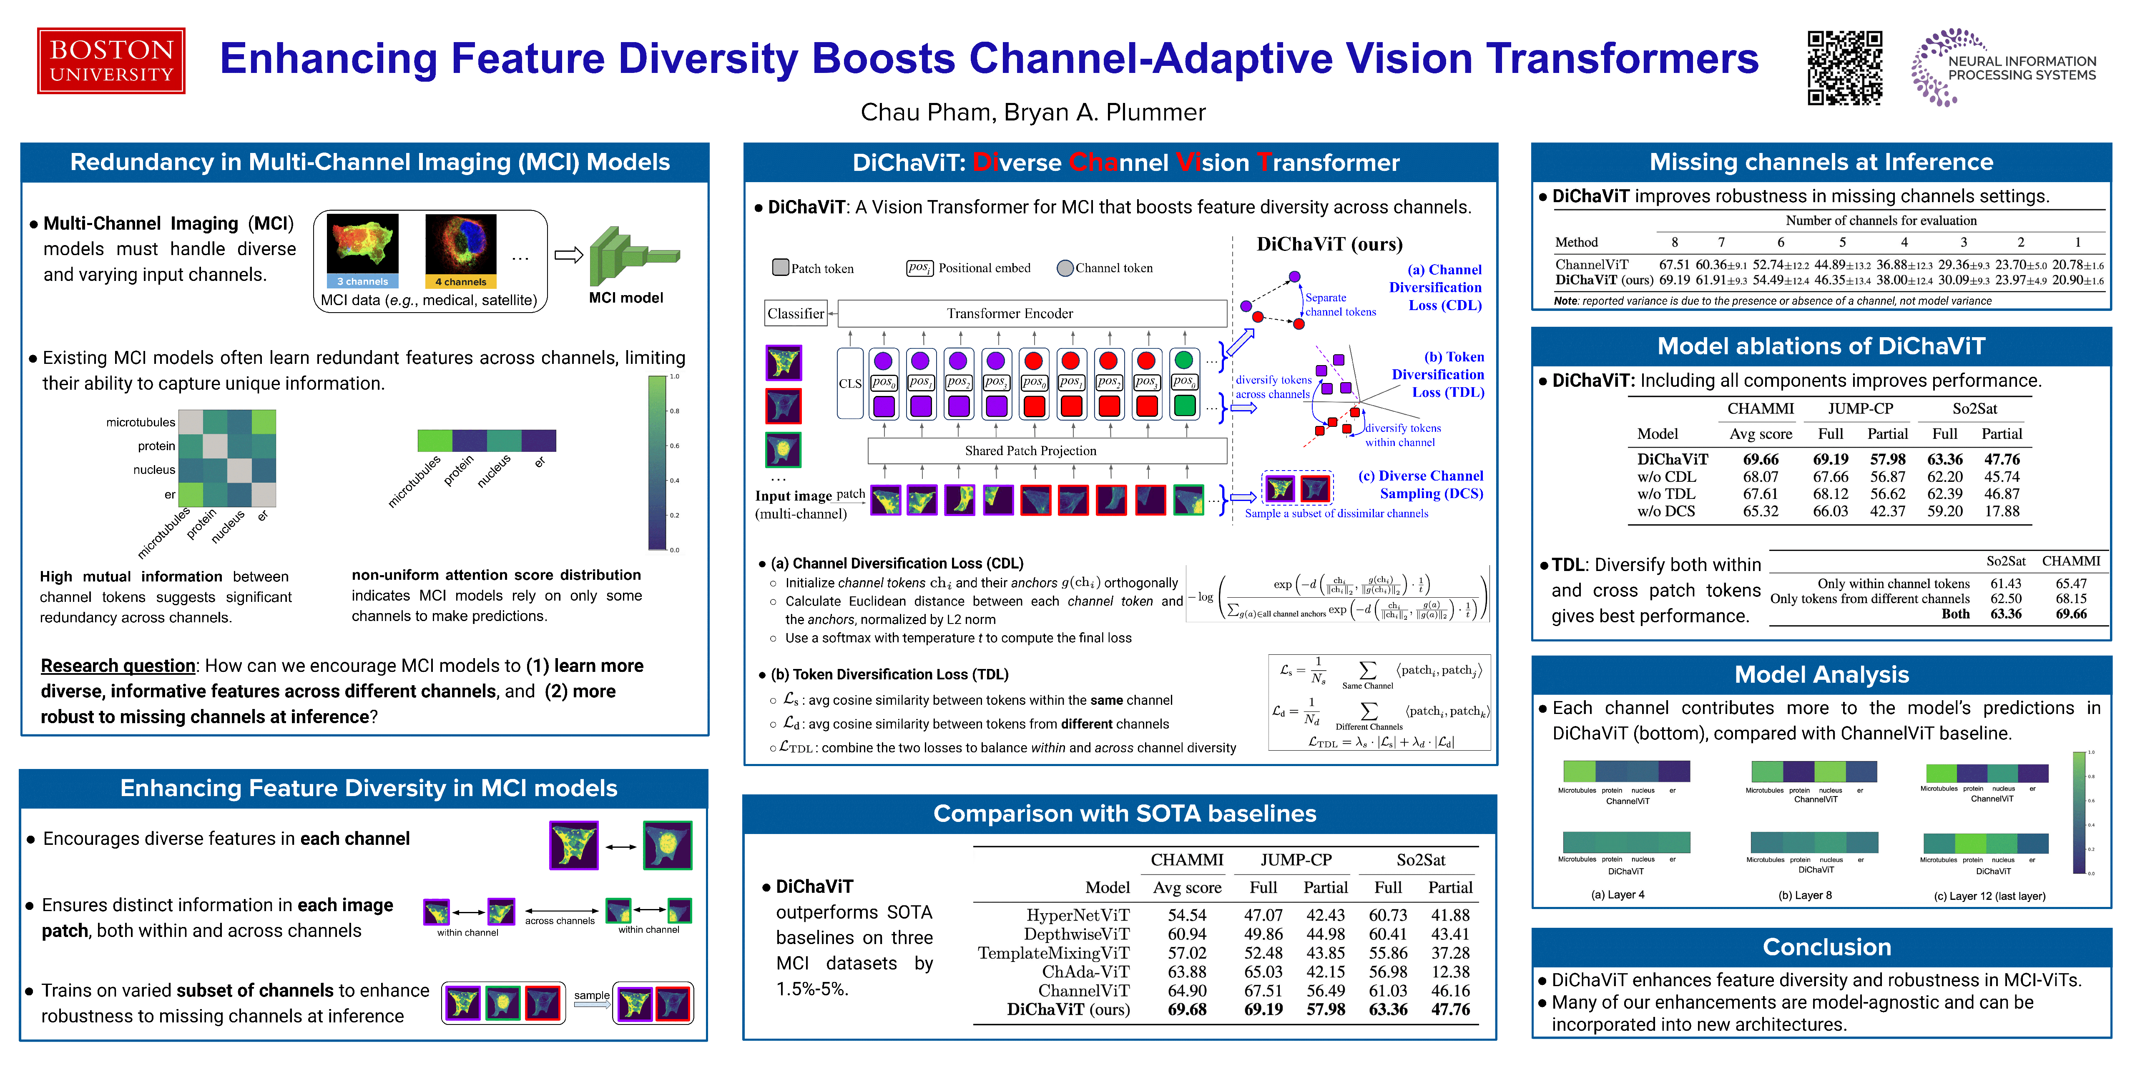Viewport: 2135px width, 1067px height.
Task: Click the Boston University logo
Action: point(111,60)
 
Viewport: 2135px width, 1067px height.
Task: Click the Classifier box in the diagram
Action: point(796,313)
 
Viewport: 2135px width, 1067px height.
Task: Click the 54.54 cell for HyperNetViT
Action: point(1187,915)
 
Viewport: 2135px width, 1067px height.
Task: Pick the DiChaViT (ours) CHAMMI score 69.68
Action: point(1187,1010)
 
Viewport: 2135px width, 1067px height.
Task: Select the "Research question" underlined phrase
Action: point(118,666)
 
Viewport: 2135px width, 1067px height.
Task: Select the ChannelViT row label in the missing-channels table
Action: point(1591,264)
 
